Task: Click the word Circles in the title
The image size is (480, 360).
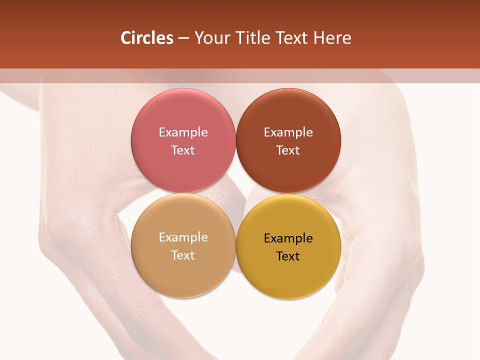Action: point(147,38)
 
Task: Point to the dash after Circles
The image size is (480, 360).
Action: point(183,38)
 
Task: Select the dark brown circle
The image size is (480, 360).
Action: point(288,170)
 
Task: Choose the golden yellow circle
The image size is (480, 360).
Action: point(288,277)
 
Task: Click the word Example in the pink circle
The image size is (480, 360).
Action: point(183,132)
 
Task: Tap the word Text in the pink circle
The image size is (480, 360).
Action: point(183,150)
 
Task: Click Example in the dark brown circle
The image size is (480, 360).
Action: point(288,132)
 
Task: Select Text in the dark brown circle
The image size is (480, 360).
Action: point(288,150)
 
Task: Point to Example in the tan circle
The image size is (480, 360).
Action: point(183,237)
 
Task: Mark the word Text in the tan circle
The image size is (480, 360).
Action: point(183,255)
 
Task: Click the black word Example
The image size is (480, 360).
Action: point(288,238)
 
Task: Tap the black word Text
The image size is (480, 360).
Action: point(288,256)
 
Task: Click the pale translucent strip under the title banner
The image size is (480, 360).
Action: point(240,75)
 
